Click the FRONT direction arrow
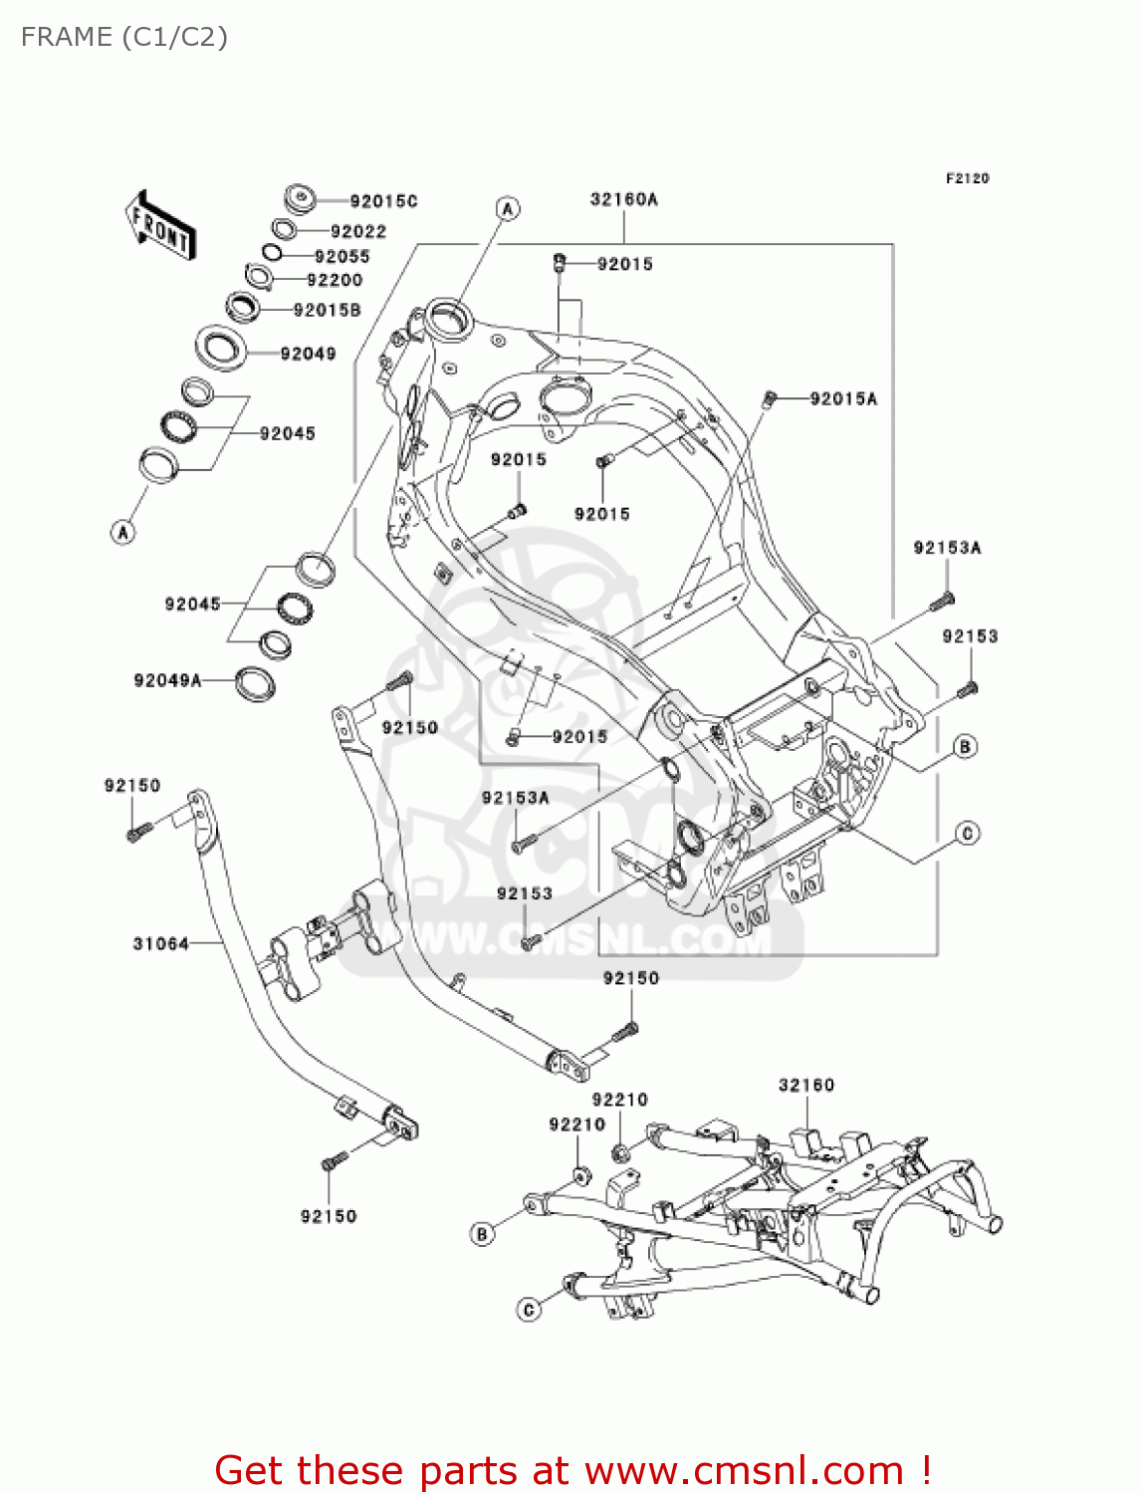click(160, 226)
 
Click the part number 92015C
click(383, 201)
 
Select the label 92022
click(358, 231)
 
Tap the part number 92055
click(342, 256)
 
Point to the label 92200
click(335, 280)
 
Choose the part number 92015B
click(328, 310)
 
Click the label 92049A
click(167, 680)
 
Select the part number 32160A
click(624, 199)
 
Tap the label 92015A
click(843, 398)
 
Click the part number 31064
click(160, 943)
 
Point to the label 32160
click(806, 1085)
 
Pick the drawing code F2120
click(967, 178)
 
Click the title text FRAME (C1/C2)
click(124, 37)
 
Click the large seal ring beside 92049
click(220, 347)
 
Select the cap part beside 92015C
click(300, 197)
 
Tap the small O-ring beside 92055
click(272, 252)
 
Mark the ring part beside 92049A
click(254, 683)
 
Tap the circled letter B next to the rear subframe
click(482, 1234)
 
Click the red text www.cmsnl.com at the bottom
click(743, 1470)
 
